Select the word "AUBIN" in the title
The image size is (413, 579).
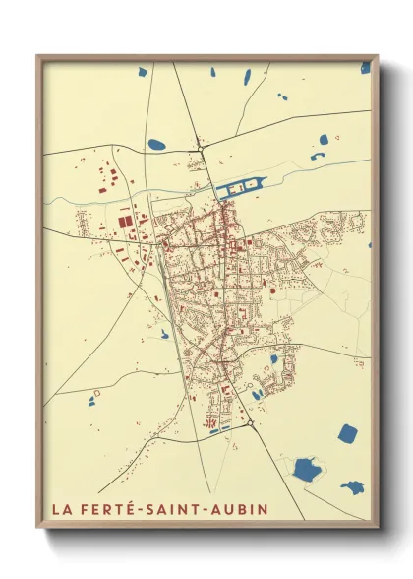point(244,510)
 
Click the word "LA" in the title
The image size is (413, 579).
point(61,510)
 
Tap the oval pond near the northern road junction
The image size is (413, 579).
point(157,145)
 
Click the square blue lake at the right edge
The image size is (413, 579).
point(347,433)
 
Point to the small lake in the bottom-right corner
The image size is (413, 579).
point(351,486)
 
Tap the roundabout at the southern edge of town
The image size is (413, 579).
point(250,424)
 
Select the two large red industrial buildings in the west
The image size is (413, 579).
point(129,223)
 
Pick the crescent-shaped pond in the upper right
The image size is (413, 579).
point(317,156)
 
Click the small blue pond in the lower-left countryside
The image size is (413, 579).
point(91,401)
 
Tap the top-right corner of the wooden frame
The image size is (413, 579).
point(377,56)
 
